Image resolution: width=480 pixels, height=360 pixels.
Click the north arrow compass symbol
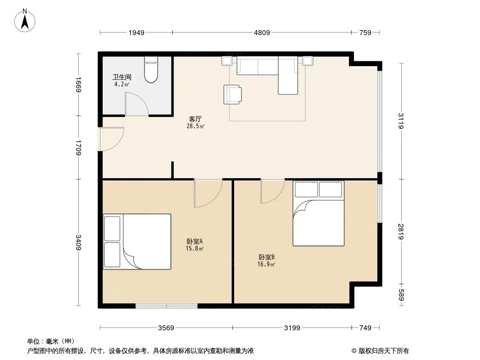[x=25, y=21]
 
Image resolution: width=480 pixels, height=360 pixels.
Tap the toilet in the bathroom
[x=151, y=70]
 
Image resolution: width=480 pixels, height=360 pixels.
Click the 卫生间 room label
[x=122, y=77]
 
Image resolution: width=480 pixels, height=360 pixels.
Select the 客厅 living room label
[x=195, y=119]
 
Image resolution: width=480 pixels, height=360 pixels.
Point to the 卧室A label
[x=195, y=241]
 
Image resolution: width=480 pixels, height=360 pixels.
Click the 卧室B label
[x=266, y=257]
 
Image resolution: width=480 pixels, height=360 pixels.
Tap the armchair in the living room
[x=232, y=94]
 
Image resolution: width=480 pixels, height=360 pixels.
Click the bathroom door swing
[x=136, y=104]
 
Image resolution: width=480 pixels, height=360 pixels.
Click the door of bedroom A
[x=208, y=193]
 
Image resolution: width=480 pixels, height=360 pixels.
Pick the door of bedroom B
[x=272, y=191]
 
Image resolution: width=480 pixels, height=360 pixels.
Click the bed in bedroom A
[x=137, y=242]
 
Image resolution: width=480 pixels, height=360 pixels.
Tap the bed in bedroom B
[x=318, y=213]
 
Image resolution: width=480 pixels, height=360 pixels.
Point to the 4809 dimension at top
[x=262, y=32]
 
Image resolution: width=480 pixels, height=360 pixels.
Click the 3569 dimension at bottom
[x=166, y=328]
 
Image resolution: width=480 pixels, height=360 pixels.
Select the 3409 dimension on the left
[x=79, y=242]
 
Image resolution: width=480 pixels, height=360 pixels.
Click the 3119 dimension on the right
[x=401, y=121]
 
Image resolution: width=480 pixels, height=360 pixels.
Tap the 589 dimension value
[x=401, y=295]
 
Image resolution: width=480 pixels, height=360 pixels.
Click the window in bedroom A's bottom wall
[x=167, y=306]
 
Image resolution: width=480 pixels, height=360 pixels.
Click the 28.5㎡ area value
[x=195, y=126]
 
